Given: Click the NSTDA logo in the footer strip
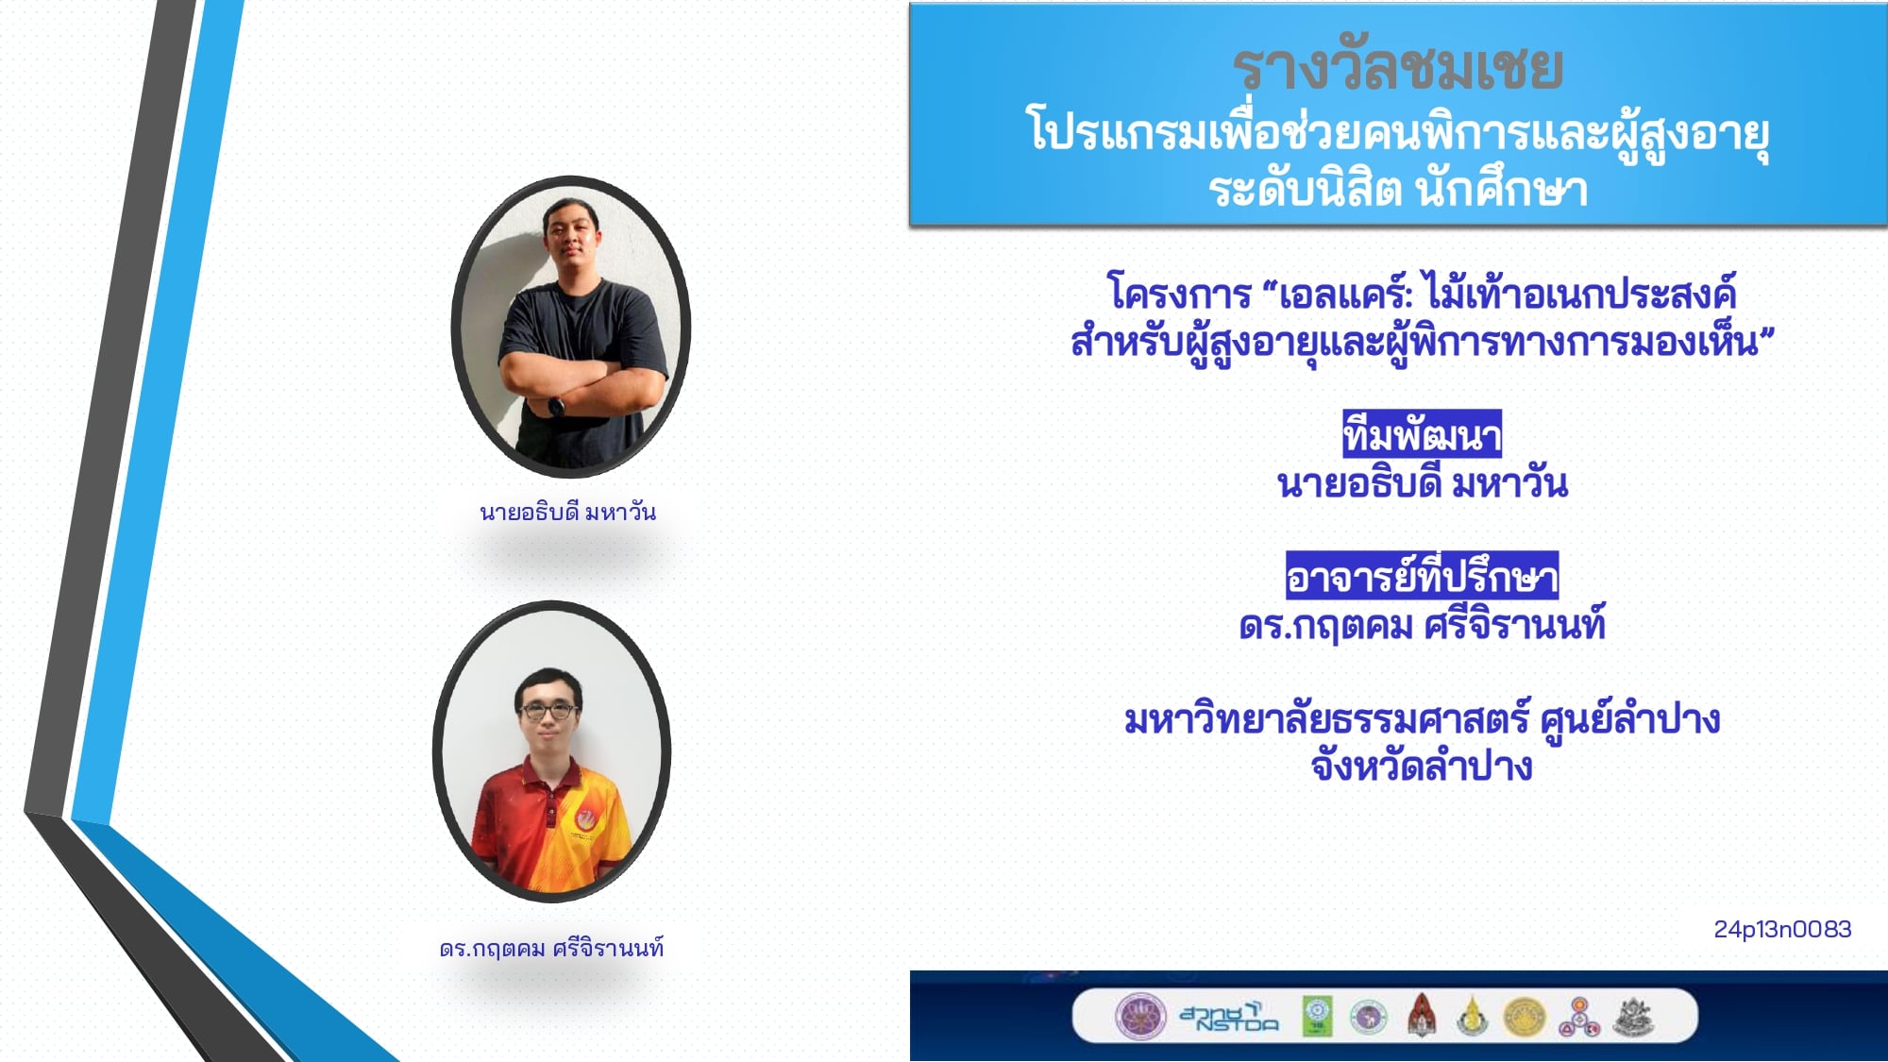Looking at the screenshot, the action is [1229, 1017].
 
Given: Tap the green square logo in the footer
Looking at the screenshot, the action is [1318, 1017].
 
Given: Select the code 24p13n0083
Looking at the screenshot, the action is [1782, 930].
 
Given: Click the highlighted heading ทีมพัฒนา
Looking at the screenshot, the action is [1422, 434].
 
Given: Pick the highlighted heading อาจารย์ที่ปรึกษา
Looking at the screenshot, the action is [1422, 576].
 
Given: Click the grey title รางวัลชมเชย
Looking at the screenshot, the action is [1397, 68].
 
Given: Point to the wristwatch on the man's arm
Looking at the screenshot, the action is [556, 408].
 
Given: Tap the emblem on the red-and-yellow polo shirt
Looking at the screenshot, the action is [584, 819].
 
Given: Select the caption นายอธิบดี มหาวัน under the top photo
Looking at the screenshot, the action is [567, 512].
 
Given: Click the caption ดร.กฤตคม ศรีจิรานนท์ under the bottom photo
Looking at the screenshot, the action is [551, 948].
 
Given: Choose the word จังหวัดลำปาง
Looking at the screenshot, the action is [1421, 767].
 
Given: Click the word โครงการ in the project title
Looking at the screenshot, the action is [1179, 294].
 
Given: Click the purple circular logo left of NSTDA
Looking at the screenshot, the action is [1140, 1017].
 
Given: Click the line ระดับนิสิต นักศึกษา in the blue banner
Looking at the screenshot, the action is [1398, 189].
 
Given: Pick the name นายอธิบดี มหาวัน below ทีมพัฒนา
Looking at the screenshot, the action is [1422, 483].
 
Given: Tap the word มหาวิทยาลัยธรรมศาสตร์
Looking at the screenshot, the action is [1325, 719].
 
